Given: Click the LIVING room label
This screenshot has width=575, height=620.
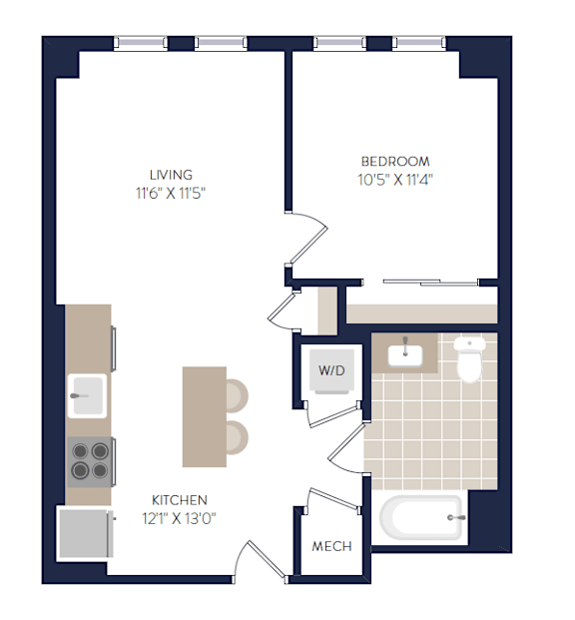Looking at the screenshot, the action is (x=171, y=175).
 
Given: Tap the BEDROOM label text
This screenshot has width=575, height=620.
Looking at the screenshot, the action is (x=395, y=162).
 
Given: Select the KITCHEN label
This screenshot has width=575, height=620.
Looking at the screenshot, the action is (x=179, y=500).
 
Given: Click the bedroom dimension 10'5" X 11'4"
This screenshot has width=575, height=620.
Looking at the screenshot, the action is (x=395, y=180).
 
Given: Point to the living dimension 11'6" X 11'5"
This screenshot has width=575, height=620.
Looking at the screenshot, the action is (x=171, y=194).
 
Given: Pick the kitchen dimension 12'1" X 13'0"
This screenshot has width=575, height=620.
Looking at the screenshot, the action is (x=179, y=518).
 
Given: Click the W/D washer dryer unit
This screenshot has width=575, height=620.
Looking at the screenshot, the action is (x=331, y=370).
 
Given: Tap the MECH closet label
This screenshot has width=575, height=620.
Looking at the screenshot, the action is (x=331, y=546).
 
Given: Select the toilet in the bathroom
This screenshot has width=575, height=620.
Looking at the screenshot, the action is (x=469, y=359).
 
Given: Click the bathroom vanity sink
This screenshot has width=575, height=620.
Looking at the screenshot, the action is (x=405, y=355).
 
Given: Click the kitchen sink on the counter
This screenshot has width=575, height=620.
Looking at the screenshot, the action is (x=87, y=395).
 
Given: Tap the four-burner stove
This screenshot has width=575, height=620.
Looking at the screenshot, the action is (x=90, y=462).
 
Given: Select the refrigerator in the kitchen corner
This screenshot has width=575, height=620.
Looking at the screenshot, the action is (x=86, y=533).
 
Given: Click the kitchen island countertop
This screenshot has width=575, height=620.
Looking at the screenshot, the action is (x=205, y=416).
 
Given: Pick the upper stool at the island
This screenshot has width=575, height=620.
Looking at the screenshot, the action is (x=237, y=395).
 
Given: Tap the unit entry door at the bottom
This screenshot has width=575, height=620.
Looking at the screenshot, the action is (x=260, y=561).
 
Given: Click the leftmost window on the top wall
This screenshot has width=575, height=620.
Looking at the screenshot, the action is (x=141, y=43).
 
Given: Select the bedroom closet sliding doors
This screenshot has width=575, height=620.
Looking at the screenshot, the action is (x=430, y=283).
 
